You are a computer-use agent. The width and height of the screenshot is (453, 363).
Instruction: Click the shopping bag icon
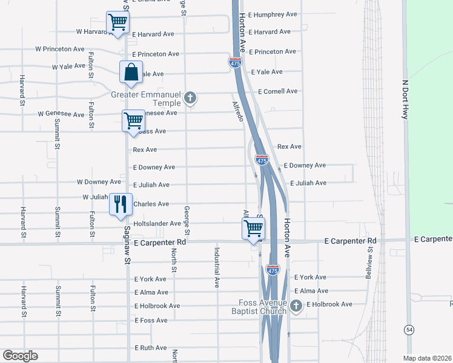131,73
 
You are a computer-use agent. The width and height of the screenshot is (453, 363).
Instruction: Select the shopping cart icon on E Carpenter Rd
253,229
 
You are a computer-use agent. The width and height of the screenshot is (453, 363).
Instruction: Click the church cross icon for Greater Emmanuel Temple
190,97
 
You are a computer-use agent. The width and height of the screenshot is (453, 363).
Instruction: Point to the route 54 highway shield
409,329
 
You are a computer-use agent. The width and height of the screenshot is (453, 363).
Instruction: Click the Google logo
20,356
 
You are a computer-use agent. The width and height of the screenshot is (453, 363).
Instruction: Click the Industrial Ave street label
216,267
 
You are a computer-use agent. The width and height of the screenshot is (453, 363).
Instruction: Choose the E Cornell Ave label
277,91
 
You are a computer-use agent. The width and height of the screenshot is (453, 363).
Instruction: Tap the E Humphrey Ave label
273,14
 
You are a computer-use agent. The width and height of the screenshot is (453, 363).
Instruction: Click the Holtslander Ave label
157,223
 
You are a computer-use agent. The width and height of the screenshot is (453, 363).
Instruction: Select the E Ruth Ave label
150,348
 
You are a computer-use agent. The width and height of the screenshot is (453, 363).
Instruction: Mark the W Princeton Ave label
60,49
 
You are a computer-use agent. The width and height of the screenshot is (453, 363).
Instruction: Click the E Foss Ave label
151,320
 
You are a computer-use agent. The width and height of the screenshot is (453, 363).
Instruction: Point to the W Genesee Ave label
61,114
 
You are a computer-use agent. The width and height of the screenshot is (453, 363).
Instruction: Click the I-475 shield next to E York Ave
273,270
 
